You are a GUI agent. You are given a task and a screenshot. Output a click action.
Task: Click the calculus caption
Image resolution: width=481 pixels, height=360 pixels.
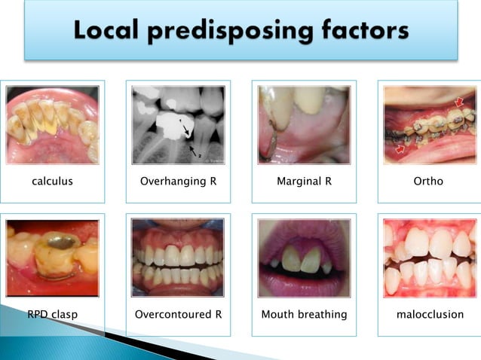coord(52,182)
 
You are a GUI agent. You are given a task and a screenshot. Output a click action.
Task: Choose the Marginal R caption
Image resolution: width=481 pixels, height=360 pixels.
coord(304,182)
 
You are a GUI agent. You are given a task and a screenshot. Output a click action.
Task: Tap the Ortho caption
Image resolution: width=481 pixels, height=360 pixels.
coord(428,182)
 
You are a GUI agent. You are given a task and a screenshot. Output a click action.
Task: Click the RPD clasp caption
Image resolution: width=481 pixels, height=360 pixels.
coord(51,314)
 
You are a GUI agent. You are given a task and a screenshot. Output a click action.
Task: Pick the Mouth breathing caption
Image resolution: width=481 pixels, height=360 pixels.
coord(304,314)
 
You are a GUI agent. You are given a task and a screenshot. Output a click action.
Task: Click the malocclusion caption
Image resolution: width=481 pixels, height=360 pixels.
coord(430,314)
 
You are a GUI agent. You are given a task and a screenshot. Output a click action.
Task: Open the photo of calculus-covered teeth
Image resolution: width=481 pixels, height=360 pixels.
coord(52,124)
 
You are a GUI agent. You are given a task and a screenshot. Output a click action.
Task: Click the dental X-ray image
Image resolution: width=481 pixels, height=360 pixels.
coord(178,124)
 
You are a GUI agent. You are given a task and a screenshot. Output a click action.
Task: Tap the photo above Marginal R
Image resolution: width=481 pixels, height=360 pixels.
coord(304,124)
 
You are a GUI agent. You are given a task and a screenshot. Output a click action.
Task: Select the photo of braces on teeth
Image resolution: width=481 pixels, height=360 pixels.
coord(429,124)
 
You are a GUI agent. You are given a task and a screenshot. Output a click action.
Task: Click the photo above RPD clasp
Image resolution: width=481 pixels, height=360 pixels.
coord(52,258)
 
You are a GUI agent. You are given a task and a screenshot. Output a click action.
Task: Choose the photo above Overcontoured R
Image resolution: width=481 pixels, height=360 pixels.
coord(178,257)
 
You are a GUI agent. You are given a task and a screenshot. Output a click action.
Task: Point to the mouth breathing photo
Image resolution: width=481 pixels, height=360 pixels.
coord(304,257)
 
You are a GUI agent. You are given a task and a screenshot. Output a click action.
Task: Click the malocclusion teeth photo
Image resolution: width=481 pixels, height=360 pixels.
coord(429,257)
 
